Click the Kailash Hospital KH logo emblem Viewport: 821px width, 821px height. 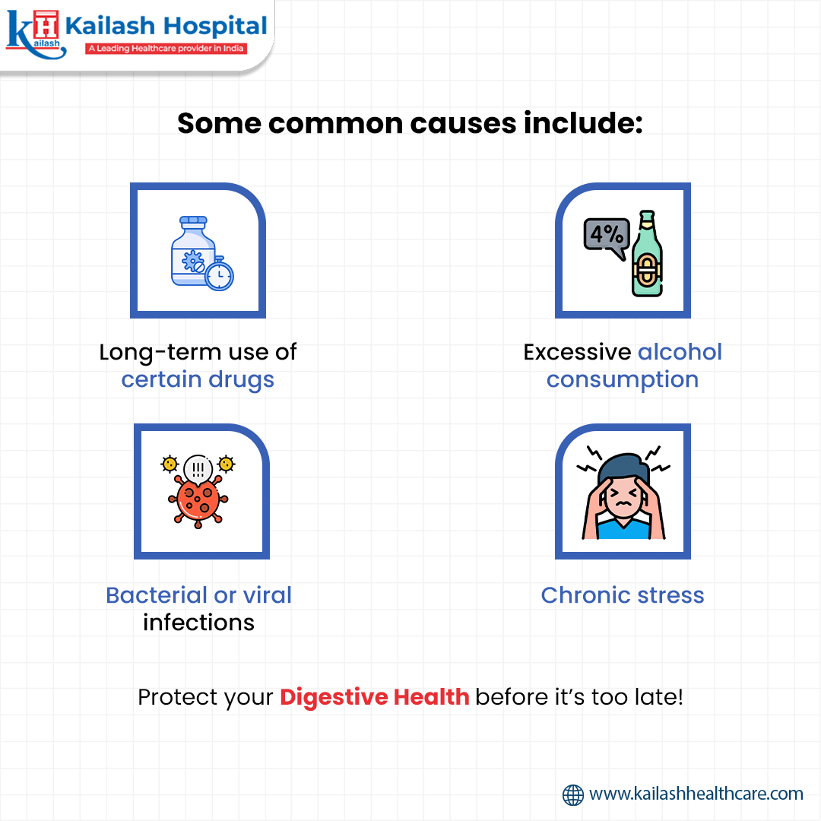point(32,33)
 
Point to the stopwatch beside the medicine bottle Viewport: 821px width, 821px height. point(220,274)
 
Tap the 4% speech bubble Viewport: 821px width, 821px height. point(606,236)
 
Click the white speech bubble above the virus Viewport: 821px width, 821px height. point(198,466)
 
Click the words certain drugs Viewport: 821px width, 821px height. point(198,379)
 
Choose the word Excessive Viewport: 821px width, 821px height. point(578,352)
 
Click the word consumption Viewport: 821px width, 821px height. point(622,379)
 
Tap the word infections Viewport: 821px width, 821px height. point(198,622)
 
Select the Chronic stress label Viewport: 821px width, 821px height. point(623,594)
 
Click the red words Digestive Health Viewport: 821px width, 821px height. point(374,697)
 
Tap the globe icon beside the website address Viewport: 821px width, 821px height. point(573,794)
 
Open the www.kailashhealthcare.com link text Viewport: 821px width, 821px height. point(696,794)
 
